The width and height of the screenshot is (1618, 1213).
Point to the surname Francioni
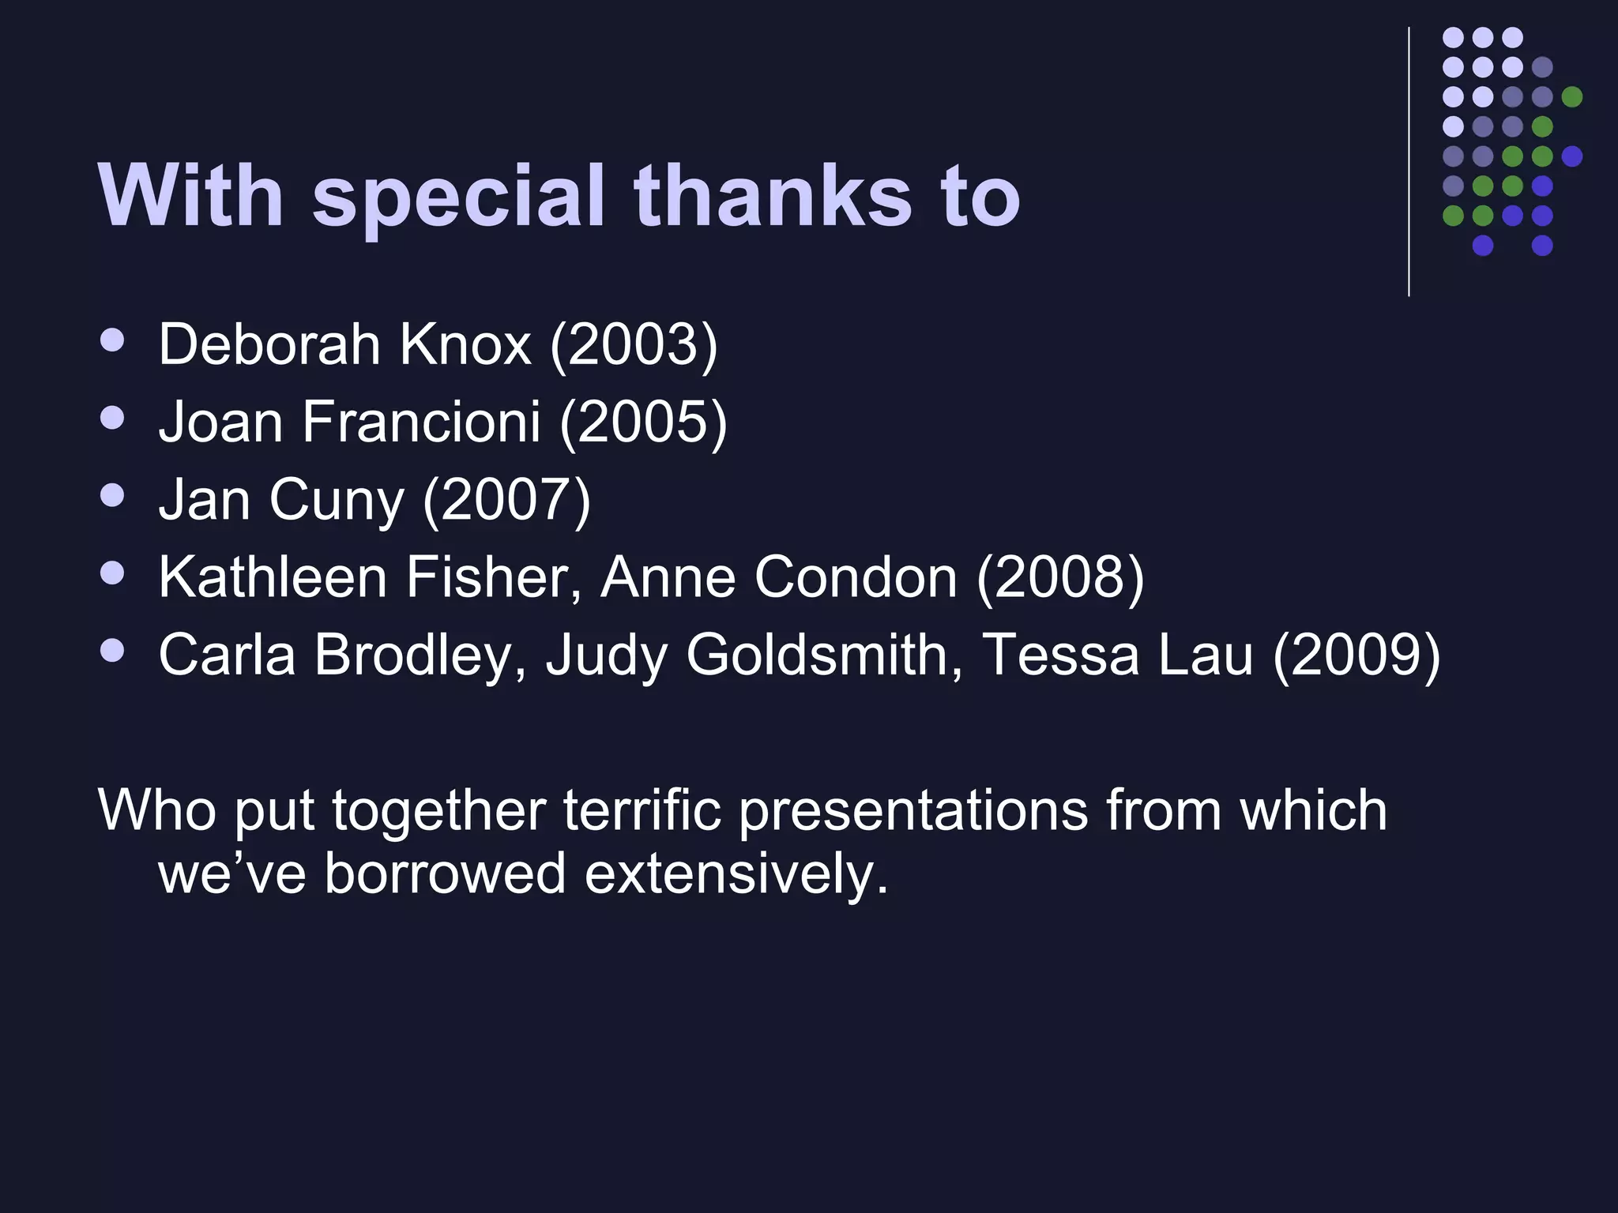[421, 422]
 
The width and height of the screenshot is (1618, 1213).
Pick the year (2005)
[643, 422]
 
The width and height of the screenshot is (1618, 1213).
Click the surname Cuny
[336, 500]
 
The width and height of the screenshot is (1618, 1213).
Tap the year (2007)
[506, 500]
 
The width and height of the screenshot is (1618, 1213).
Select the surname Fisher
[493, 577]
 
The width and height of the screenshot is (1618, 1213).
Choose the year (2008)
[1060, 577]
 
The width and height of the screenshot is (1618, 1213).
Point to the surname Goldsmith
[823, 655]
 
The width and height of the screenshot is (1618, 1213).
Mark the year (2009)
[1356, 655]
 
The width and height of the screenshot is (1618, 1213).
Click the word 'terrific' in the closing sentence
[642, 810]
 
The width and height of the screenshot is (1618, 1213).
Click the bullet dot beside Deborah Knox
[113, 340]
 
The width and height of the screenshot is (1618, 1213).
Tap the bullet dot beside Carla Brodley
[113, 650]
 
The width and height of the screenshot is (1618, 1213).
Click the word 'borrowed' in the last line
[445, 874]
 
